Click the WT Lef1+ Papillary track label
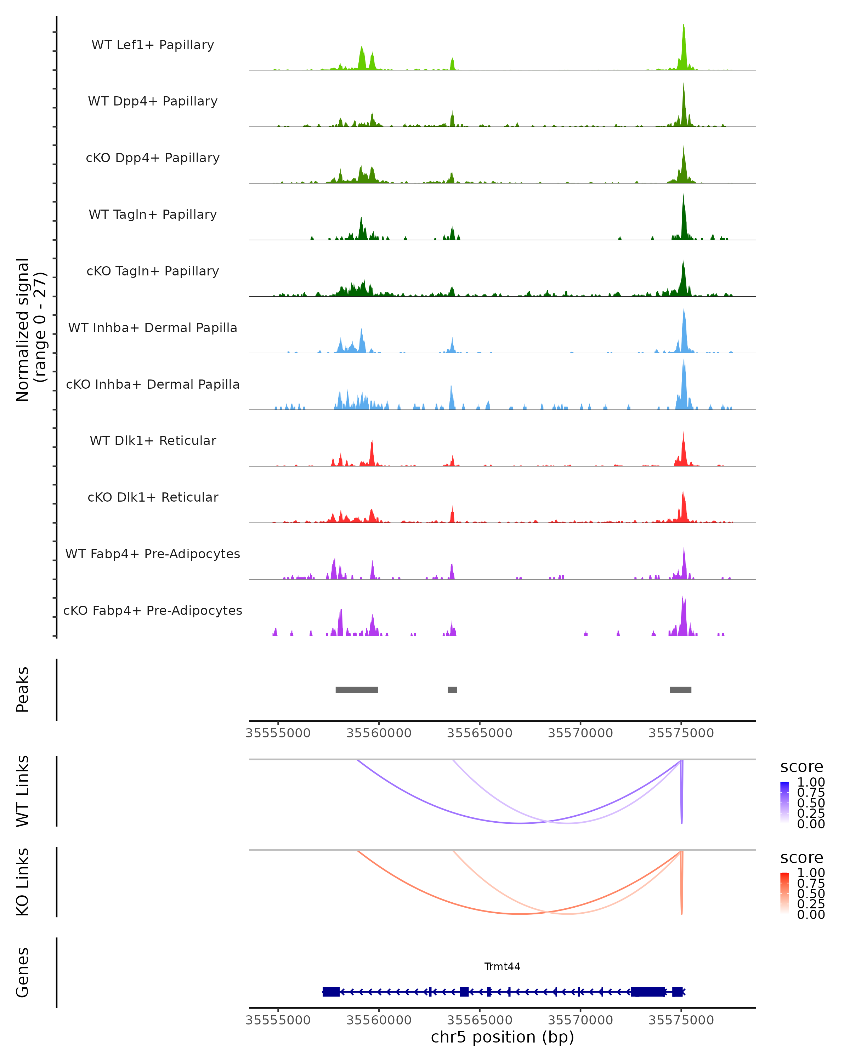coord(153,45)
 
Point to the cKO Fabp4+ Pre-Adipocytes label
coord(153,610)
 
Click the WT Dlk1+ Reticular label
coord(153,440)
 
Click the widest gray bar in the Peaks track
coord(357,690)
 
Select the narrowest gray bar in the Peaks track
coord(452,690)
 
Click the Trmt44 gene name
coord(502,966)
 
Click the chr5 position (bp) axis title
coord(502,1037)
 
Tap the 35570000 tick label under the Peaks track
coord(580,733)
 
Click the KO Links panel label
coord(23,882)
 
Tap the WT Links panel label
coord(23,791)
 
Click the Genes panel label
coord(23,972)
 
